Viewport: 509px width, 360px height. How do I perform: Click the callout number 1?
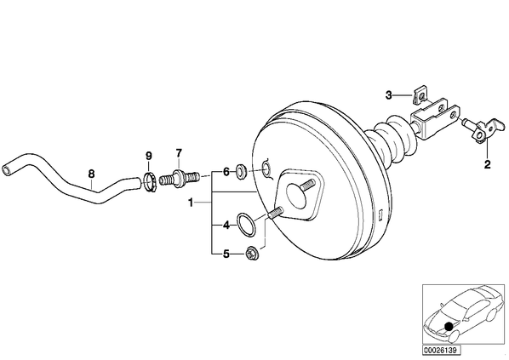click(191, 203)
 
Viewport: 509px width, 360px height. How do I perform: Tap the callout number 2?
click(487, 164)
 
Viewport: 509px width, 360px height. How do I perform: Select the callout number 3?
click(389, 95)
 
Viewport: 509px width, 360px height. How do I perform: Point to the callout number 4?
click(226, 225)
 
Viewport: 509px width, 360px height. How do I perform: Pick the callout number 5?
click(226, 254)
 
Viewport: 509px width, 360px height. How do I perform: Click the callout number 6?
click(226, 172)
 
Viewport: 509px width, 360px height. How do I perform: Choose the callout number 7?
click(179, 152)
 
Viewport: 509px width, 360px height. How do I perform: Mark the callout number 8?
click(92, 174)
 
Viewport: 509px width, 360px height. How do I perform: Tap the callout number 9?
click(148, 156)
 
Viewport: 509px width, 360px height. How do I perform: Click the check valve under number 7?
click(179, 178)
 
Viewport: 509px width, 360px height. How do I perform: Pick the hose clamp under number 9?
click(150, 183)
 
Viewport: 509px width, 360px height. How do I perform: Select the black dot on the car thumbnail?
click(449, 326)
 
